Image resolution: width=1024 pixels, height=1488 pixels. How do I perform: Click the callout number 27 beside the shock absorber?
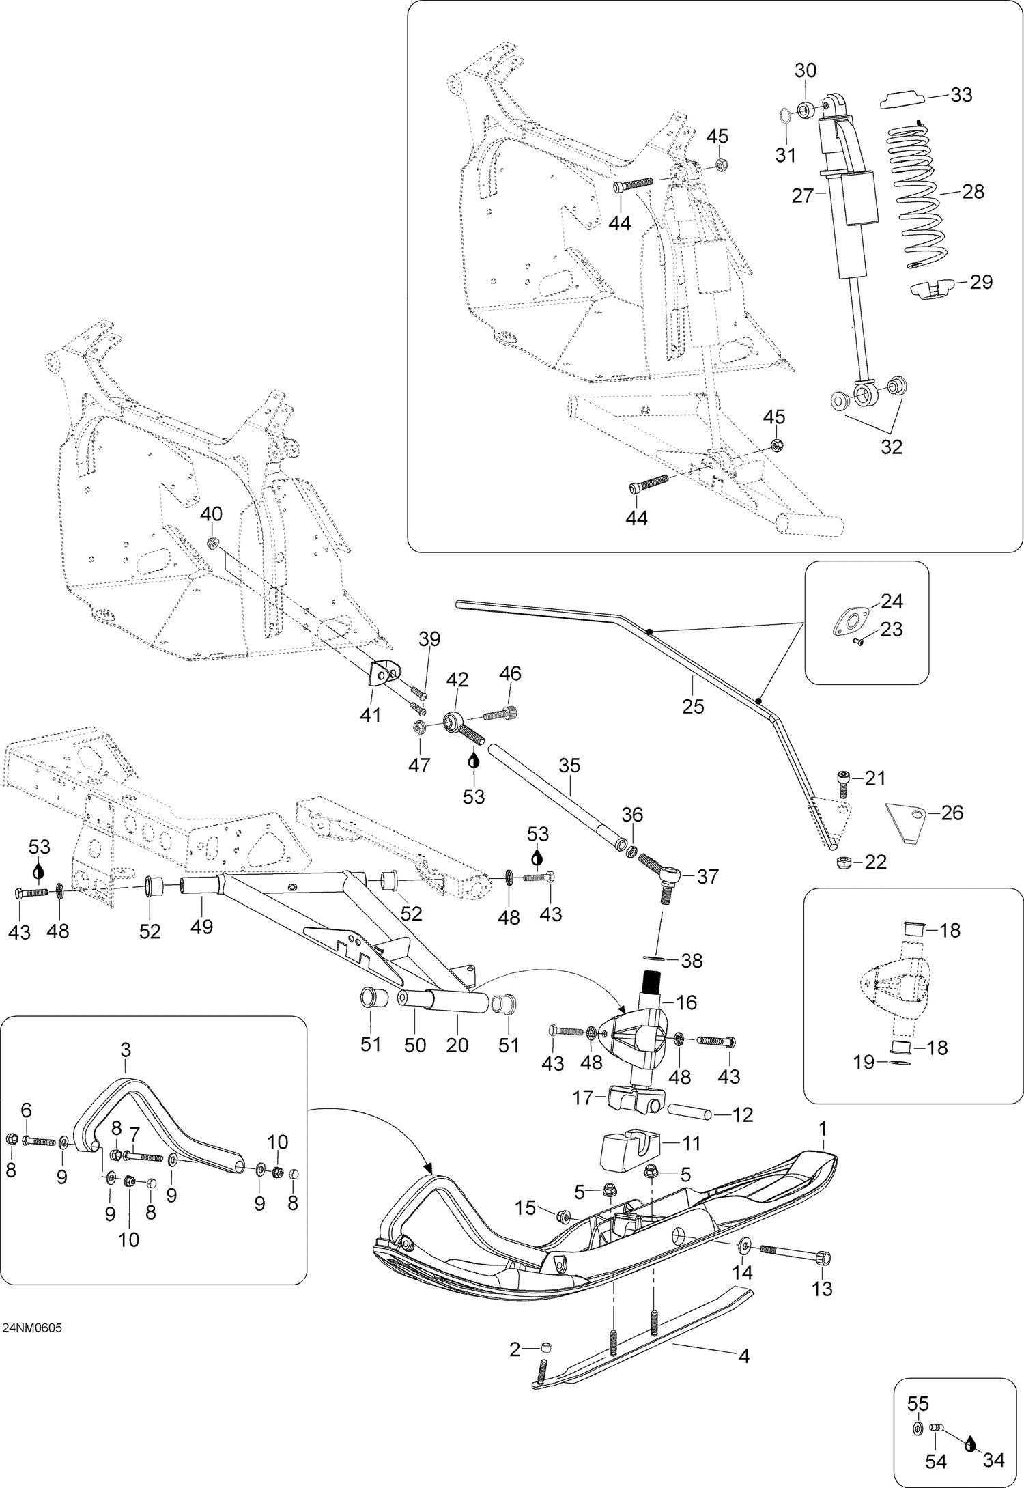click(803, 196)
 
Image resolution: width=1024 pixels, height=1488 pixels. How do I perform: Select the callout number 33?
click(961, 95)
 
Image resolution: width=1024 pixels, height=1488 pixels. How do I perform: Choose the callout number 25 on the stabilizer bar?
click(692, 705)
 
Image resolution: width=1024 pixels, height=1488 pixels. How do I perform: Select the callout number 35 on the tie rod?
click(569, 766)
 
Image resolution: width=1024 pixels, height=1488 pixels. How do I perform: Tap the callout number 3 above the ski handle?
click(126, 1050)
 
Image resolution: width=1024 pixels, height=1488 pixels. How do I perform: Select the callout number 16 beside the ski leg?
click(687, 1002)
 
